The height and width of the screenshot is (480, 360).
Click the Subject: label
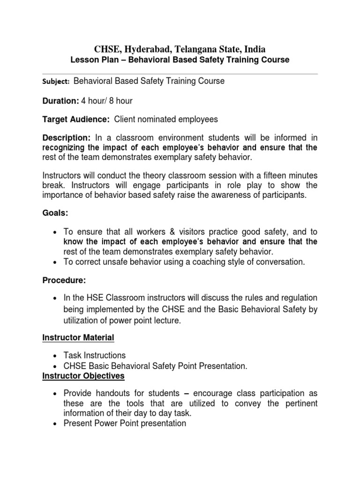tap(56, 82)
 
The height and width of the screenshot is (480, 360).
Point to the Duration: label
tap(61, 100)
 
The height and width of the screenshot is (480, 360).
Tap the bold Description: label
tap(66, 138)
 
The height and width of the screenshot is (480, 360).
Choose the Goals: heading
tap(55, 213)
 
